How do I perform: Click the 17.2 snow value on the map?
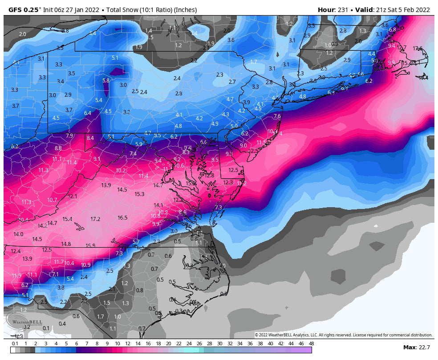(x=95, y=219)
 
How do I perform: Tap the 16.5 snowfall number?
(x=122, y=218)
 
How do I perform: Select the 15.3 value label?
(x=139, y=194)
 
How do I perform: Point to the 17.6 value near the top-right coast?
(x=418, y=48)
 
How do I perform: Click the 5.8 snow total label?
(x=106, y=80)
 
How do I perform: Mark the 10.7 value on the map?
(x=53, y=200)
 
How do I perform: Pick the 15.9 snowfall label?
(x=90, y=245)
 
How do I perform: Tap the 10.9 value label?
(x=85, y=265)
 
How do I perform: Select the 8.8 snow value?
(x=58, y=148)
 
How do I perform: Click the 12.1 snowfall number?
(x=73, y=196)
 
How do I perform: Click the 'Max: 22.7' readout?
(x=417, y=347)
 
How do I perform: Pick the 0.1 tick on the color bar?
(x=15, y=344)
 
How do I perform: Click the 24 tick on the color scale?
(x=189, y=344)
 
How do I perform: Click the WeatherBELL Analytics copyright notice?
(x=343, y=335)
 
